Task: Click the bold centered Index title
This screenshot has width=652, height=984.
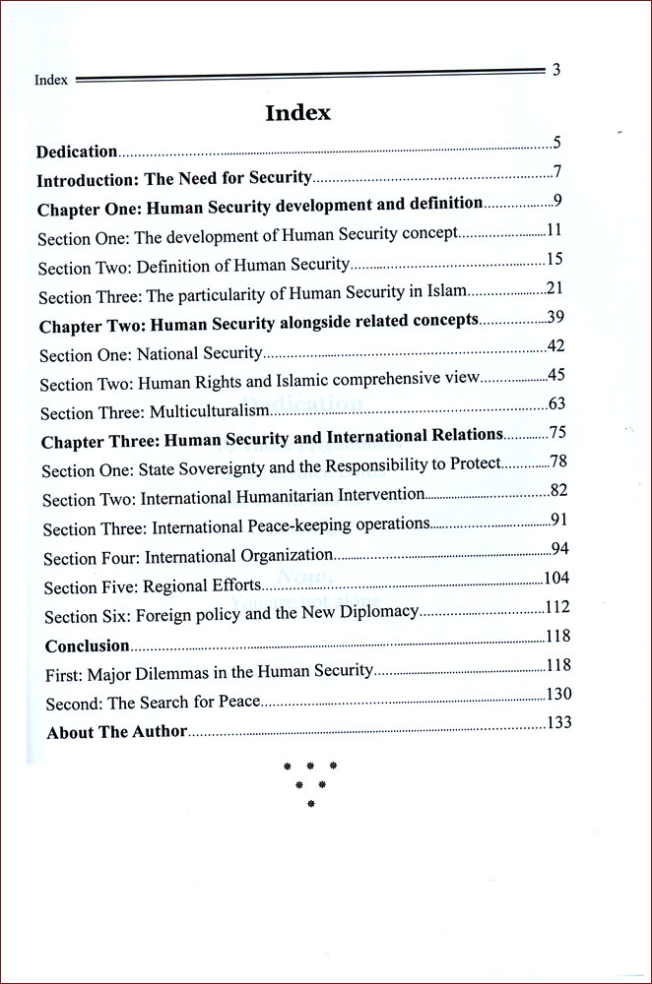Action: tap(297, 113)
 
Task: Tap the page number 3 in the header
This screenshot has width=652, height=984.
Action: tap(556, 70)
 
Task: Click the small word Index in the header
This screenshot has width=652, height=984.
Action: tap(51, 81)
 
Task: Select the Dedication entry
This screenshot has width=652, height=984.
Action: tap(77, 152)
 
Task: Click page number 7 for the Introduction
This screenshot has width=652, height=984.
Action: tap(556, 173)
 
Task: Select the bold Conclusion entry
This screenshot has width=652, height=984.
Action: tap(88, 646)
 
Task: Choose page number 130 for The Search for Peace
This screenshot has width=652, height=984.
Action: tap(558, 694)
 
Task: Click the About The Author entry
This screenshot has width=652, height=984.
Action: tap(116, 732)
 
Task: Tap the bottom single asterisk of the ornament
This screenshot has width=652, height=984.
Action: tap(310, 804)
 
